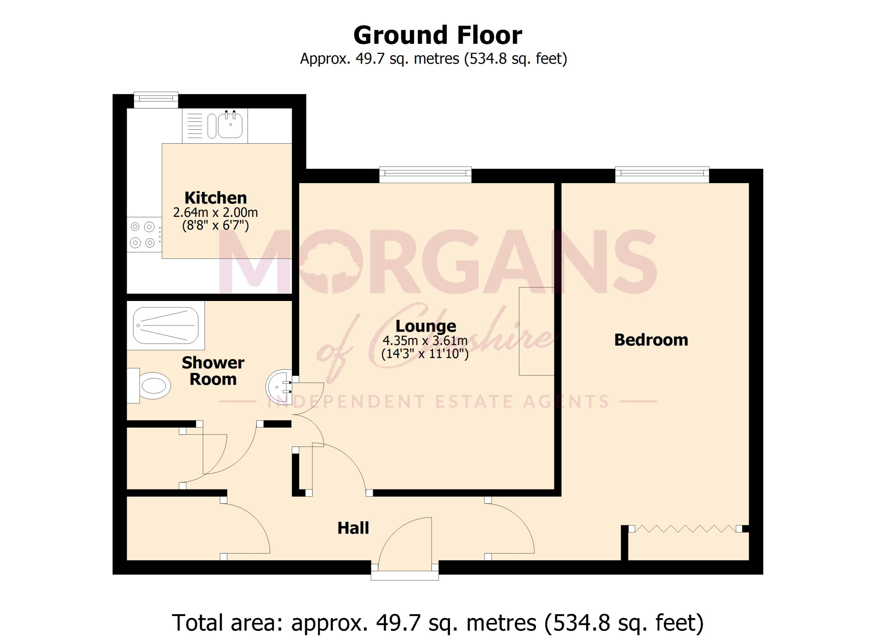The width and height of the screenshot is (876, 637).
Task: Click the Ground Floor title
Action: point(438,35)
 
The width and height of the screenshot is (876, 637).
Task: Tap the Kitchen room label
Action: point(215,198)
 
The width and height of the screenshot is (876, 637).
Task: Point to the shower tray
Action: point(166,326)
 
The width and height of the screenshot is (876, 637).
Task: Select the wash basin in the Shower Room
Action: point(279,387)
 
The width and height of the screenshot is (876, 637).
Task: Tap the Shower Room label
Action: point(213,371)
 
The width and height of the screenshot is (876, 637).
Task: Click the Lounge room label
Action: point(426,326)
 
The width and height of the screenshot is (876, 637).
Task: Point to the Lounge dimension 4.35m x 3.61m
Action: point(425,340)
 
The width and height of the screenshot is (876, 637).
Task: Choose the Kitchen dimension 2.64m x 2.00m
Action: point(215,212)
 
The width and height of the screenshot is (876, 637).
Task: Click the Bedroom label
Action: point(651,340)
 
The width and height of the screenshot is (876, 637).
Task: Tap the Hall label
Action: point(353,528)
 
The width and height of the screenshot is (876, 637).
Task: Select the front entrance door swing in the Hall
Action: point(405,543)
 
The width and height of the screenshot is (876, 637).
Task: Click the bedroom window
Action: point(662,174)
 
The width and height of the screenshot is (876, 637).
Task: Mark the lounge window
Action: point(425,174)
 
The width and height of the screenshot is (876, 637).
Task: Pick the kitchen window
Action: point(156,100)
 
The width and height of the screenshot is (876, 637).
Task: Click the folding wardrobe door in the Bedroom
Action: point(685,529)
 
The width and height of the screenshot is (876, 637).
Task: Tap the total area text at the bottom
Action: point(438,623)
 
